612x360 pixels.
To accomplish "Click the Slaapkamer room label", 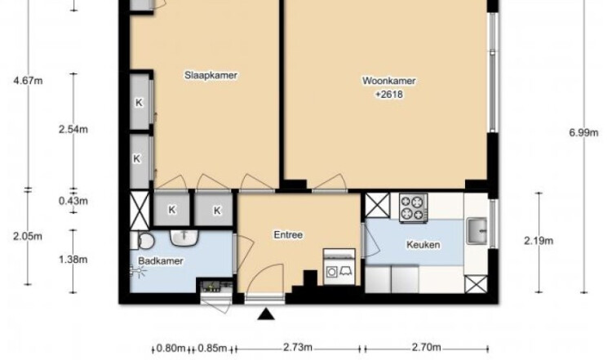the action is click(211, 75).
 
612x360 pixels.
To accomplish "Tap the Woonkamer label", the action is click(388, 81).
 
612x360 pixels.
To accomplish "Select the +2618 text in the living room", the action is click(388, 95).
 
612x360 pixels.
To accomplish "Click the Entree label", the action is click(288, 235).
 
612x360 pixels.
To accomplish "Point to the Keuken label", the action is click(423, 245).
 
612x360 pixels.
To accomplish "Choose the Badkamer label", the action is click(161, 261).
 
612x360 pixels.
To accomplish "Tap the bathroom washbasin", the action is click(184, 238).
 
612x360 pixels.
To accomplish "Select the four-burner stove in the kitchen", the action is click(413, 207).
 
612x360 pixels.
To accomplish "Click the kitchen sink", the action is click(477, 231).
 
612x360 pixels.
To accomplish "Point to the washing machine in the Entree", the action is click(339, 267).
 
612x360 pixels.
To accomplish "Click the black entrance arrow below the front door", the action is click(266, 314).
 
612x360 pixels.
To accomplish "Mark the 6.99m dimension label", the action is click(583, 133).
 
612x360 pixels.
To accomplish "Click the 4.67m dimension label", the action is click(28, 81).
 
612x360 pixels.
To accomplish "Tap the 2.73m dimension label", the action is click(297, 347).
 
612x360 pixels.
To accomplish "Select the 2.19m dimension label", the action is click(539, 241).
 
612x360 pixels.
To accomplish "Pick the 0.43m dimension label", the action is click(73, 201).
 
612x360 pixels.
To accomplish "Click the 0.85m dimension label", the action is click(212, 348).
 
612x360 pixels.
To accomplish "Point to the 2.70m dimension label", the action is click(426, 347).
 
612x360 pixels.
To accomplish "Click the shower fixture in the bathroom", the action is click(137, 270).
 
